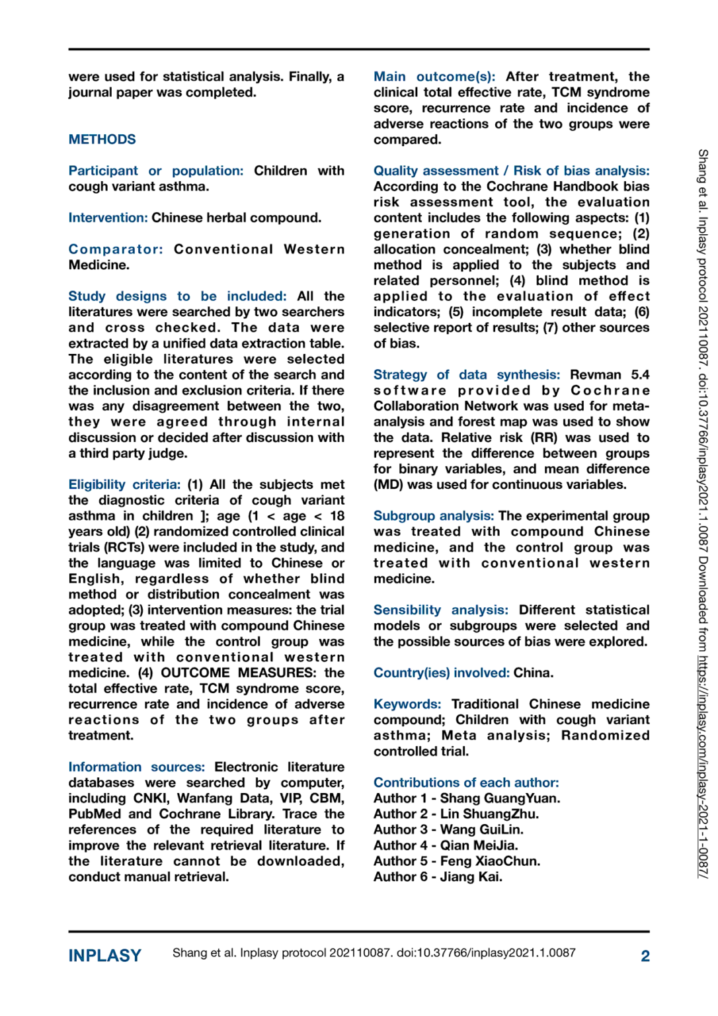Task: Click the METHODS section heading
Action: pos(102,140)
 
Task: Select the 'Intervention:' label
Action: pos(108,218)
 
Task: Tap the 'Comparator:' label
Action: pos(116,249)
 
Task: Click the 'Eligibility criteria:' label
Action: pos(124,485)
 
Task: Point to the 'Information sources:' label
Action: pos(136,767)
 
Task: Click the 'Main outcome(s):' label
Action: pos(434,77)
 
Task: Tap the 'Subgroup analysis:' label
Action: pos(433,516)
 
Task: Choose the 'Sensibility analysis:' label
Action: pos(440,610)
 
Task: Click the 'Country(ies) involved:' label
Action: pos(441,673)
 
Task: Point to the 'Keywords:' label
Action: pos(407,704)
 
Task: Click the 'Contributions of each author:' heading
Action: pos(465,783)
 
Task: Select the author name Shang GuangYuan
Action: pos(500,798)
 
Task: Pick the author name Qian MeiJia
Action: pos(479,845)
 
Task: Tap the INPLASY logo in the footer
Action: pos(104,956)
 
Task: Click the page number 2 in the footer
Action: pos(645,956)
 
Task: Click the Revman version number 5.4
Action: pos(640,375)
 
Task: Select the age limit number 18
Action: pos(337,516)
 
